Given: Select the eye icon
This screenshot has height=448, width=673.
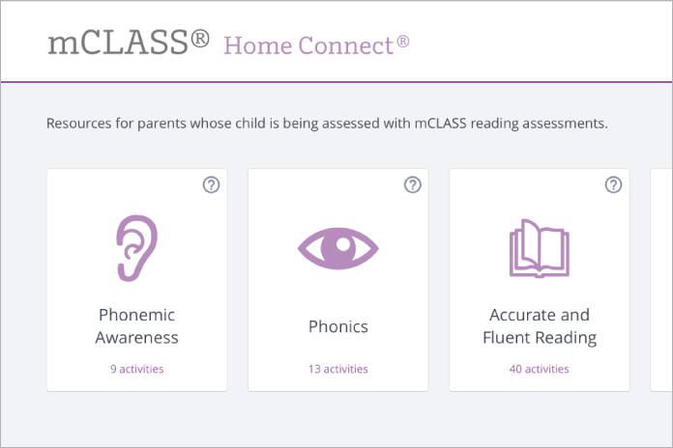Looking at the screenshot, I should [x=337, y=248].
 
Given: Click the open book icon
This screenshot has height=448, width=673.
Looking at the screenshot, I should [x=539, y=248].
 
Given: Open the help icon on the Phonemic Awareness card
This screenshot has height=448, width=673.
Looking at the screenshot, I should [x=212, y=184].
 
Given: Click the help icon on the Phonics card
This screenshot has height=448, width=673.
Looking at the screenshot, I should [x=413, y=184].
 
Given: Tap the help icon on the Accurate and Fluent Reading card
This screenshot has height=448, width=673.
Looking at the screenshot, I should [x=613, y=184].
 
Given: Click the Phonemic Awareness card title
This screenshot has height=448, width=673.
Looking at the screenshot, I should [x=137, y=326].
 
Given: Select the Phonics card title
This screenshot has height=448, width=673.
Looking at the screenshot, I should [x=337, y=326].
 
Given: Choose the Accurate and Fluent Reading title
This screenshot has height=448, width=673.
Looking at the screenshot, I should [x=539, y=326].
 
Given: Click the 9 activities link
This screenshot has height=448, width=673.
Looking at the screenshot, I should [x=136, y=369].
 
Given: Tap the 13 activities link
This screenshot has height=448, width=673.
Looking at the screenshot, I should [x=337, y=369].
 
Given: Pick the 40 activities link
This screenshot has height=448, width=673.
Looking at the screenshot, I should [x=539, y=369].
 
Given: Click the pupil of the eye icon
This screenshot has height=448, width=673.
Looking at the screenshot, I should [x=337, y=248].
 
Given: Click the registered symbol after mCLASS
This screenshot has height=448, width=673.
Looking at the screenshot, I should [x=200, y=39].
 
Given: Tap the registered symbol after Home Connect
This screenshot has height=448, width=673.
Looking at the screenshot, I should [x=403, y=42].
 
